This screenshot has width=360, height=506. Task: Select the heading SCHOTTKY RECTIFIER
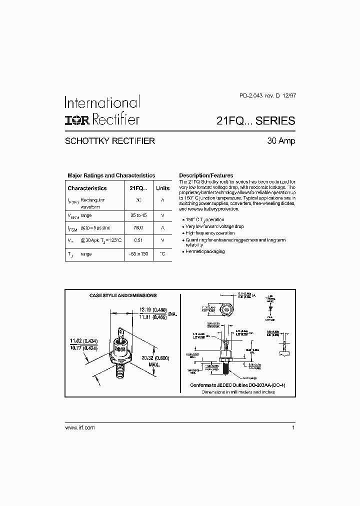click(110, 141)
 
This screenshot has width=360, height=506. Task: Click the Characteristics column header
click(87, 188)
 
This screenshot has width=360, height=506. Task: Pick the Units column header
click(162, 188)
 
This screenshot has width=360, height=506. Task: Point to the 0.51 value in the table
click(138, 240)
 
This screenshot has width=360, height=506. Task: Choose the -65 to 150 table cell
click(138, 254)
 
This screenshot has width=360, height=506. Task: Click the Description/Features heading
click(206, 175)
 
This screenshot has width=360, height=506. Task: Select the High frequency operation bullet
click(209, 233)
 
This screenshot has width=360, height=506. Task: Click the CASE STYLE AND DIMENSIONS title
click(123, 296)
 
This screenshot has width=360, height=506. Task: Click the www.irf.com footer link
click(80, 428)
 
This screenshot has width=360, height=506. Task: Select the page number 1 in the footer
click(293, 428)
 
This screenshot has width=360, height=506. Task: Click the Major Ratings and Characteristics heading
click(111, 175)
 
